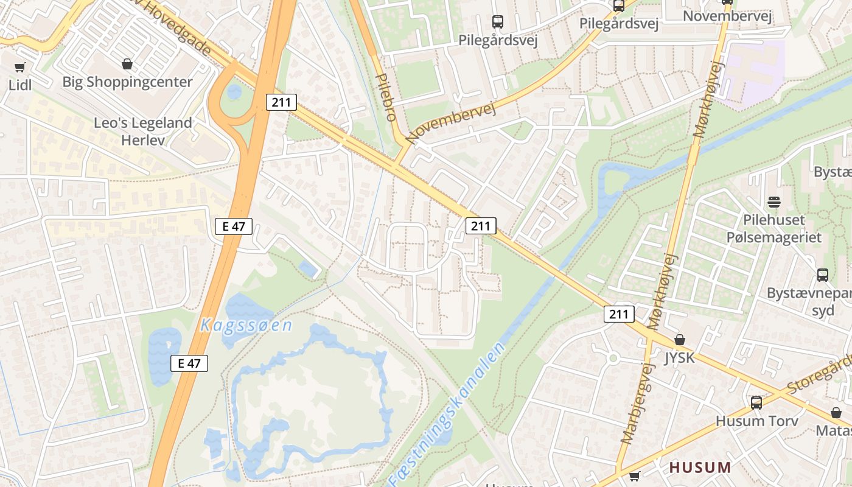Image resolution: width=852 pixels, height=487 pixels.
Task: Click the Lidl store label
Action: coord(20,85)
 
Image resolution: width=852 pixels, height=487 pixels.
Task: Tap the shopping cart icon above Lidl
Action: coord(20,67)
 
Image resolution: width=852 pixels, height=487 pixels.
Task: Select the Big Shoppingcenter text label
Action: coord(127,82)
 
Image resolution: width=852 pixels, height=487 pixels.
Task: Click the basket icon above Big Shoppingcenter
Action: coord(127,64)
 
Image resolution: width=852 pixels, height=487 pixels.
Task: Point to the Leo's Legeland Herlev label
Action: coord(143,130)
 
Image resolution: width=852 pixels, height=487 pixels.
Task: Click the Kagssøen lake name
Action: coord(246,325)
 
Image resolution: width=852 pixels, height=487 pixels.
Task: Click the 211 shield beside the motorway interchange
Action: coord(281,102)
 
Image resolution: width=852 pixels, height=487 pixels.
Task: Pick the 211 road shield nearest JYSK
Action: coord(619,314)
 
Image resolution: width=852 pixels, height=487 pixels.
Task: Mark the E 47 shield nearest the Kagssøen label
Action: coord(189,363)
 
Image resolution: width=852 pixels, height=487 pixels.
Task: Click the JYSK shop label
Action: coord(679,357)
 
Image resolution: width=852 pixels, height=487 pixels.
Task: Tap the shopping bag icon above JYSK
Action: coord(680,340)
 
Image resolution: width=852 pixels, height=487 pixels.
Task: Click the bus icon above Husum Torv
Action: coord(756,402)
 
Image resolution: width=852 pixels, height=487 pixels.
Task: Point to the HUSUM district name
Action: coord(700,468)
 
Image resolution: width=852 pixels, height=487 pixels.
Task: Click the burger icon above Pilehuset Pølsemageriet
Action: coord(774,201)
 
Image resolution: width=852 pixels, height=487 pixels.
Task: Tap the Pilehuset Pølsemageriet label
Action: coord(774,228)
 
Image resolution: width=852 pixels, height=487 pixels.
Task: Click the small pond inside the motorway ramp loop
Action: coord(234,92)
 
